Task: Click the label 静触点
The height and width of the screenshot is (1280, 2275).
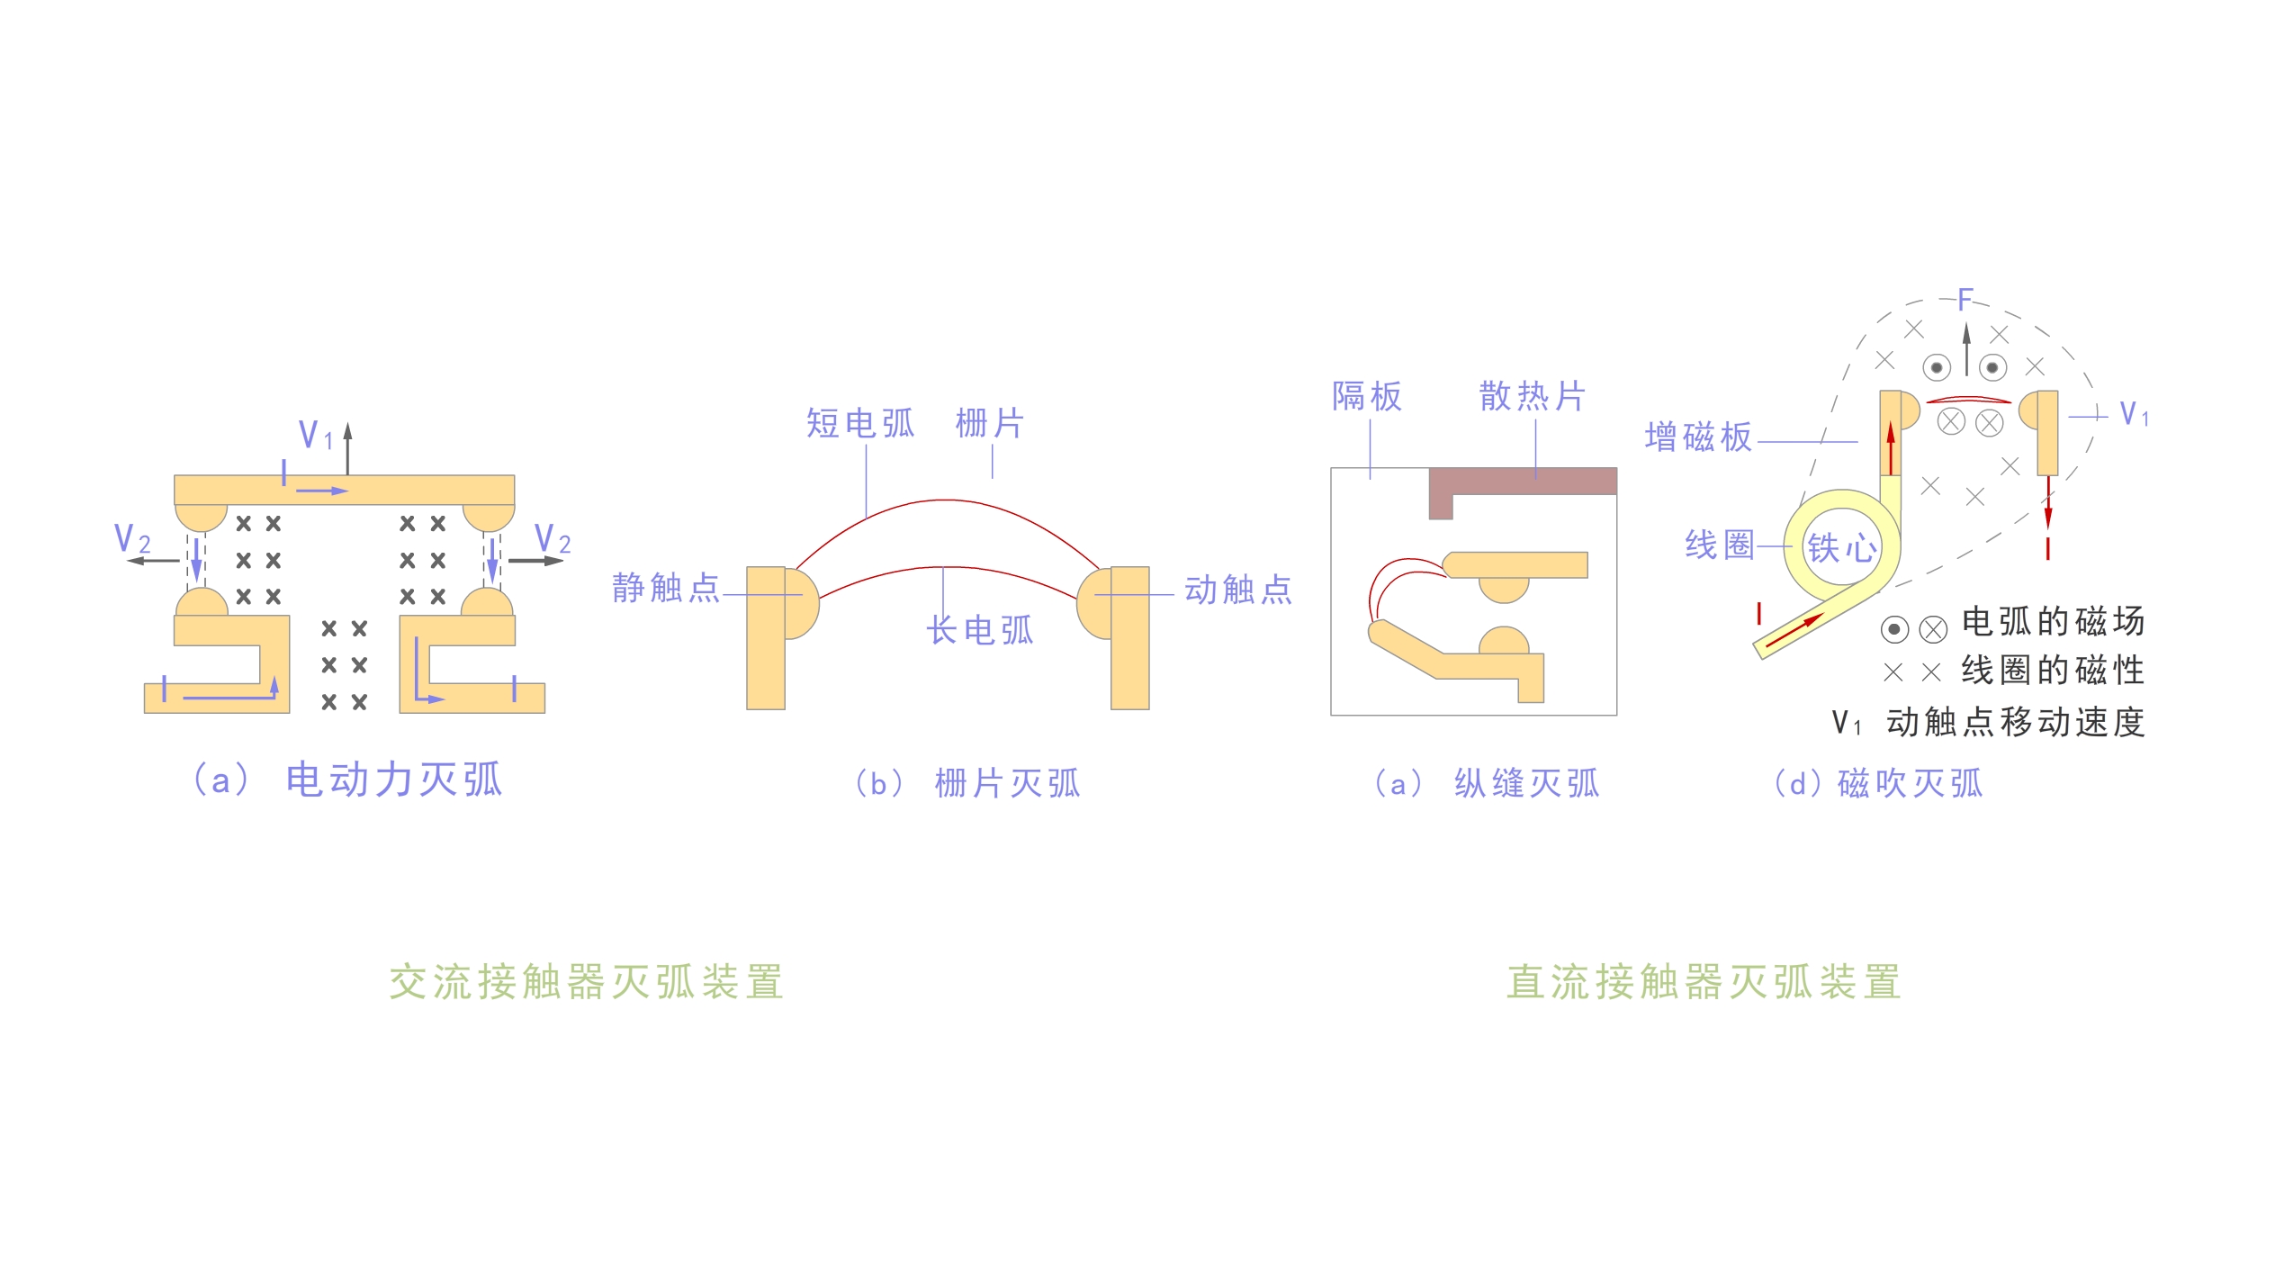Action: pyautogui.click(x=666, y=588)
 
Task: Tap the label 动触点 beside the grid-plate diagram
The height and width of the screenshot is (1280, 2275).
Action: pyautogui.click(x=1238, y=590)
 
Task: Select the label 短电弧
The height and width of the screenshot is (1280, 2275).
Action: pyautogui.click(x=860, y=423)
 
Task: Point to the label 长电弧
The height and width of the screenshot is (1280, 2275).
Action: pyautogui.click(x=980, y=630)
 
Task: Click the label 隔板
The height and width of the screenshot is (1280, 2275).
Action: pyautogui.click(x=1367, y=396)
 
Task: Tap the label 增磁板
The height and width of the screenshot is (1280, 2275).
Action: pyautogui.click(x=1699, y=437)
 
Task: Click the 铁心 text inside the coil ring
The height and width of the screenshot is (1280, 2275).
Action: pyautogui.click(x=1842, y=547)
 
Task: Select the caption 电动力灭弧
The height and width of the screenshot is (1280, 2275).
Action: pyautogui.click(x=394, y=780)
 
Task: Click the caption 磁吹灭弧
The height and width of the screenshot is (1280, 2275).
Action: pyautogui.click(x=1911, y=784)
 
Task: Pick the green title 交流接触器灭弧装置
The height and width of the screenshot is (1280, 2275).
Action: pyautogui.click(x=587, y=982)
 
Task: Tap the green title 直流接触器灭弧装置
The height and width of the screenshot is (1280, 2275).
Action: pyautogui.click(x=1704, y=982)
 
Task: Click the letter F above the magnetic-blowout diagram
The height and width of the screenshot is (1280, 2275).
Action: pyautogui.click(x=1965, y=300)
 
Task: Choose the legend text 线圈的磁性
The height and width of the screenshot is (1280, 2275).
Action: pyautogui.click(x=2054, y=671)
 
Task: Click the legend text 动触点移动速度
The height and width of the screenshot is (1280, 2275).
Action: pyautogui.click(x=2016, y=722)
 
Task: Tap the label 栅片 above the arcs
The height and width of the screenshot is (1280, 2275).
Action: pyautogui.click(x=990, y=423)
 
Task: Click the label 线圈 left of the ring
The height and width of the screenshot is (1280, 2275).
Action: pyautogui.click(x=1720, y=545)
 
